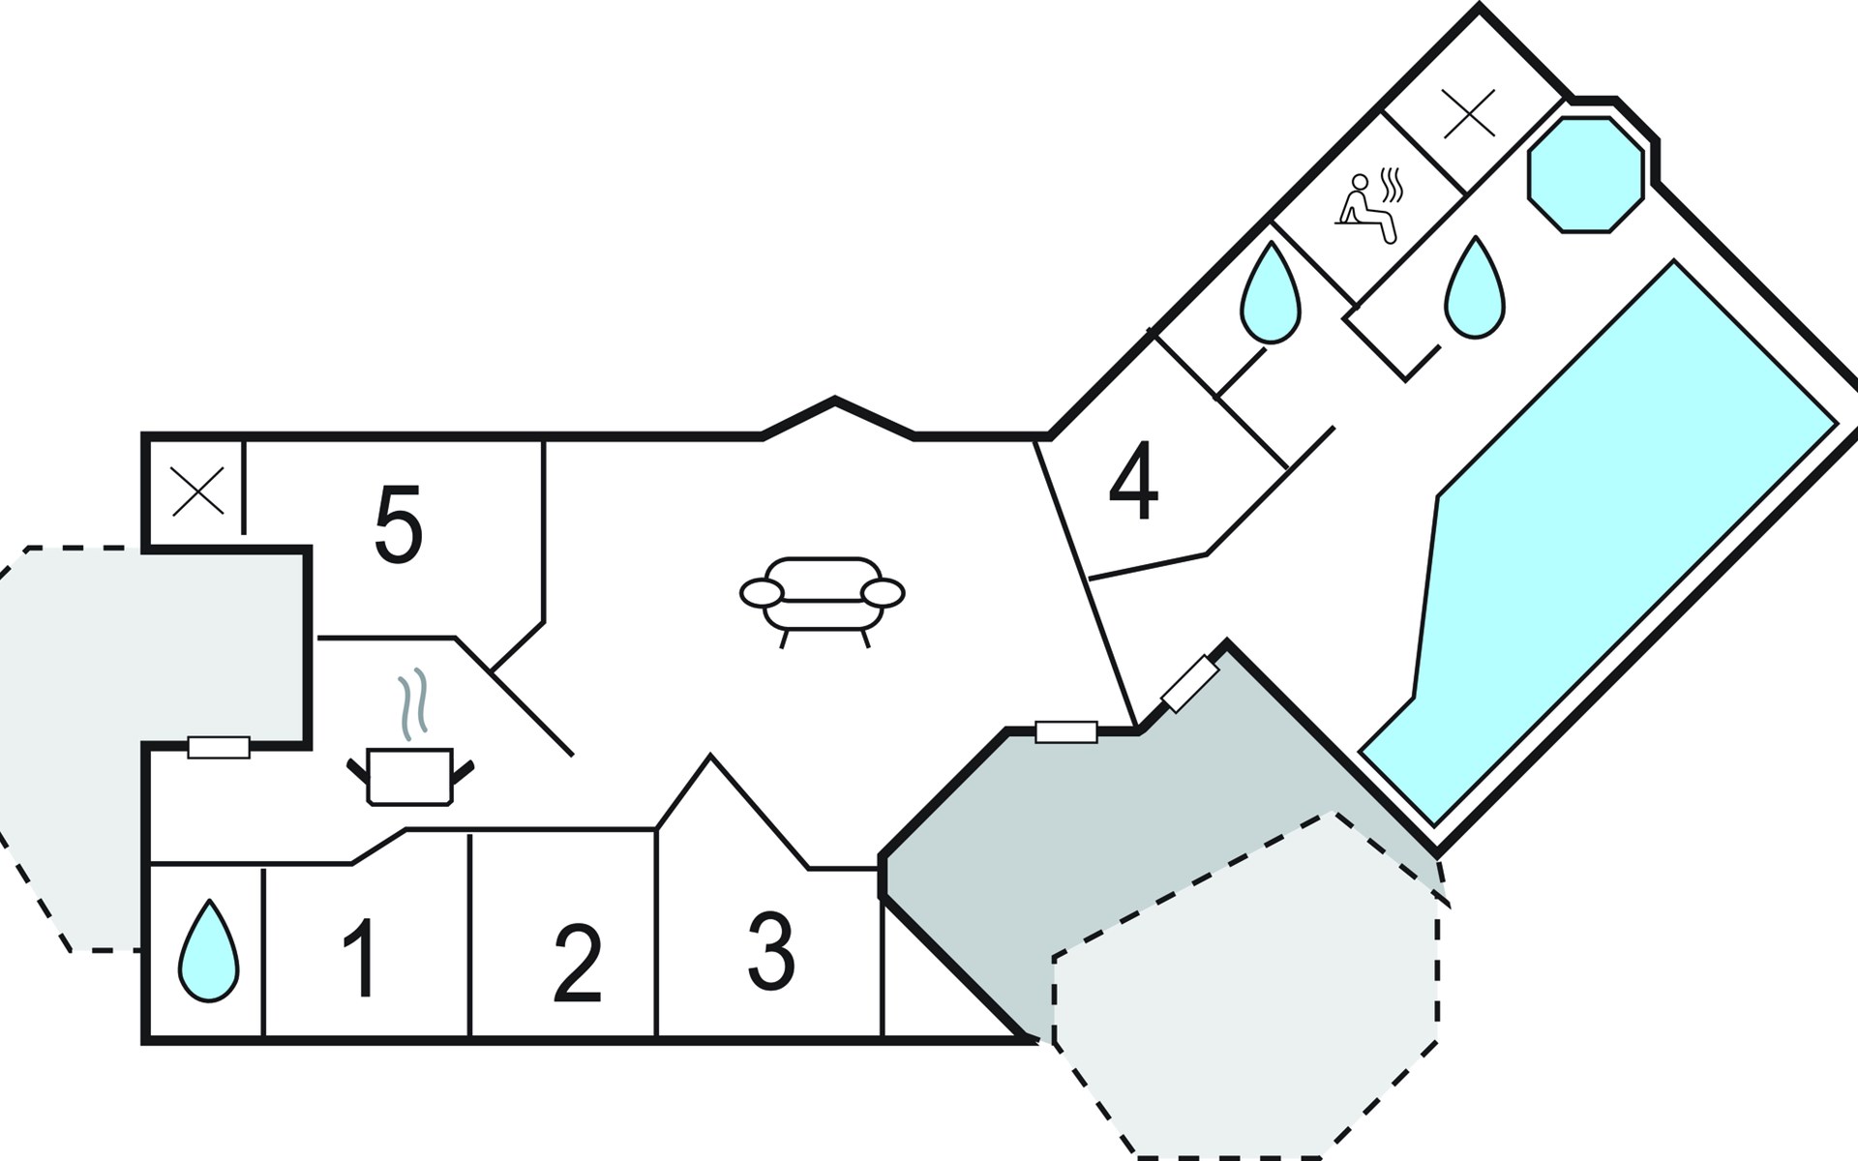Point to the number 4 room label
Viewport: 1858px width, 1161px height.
1133,481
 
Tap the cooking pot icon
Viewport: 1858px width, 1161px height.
410,776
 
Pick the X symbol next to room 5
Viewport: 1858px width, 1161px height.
197,491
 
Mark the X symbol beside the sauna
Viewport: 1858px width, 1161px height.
1468,112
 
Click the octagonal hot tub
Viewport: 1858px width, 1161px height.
1585,175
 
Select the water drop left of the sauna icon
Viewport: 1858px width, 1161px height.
1271,292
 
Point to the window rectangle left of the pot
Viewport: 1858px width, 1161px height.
219,747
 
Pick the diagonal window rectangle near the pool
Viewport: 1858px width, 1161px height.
1189,684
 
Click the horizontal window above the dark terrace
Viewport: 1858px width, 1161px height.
1066,731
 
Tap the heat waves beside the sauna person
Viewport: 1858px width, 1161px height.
1392,184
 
